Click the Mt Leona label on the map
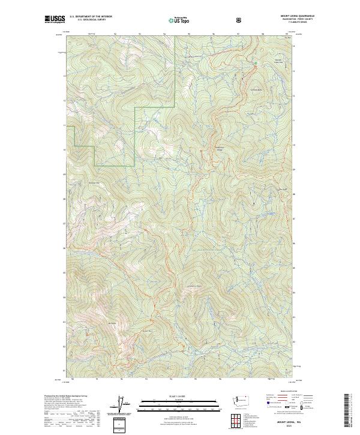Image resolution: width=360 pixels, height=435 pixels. click(111, 325)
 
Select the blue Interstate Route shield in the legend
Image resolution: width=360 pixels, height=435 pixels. click(263, 406)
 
